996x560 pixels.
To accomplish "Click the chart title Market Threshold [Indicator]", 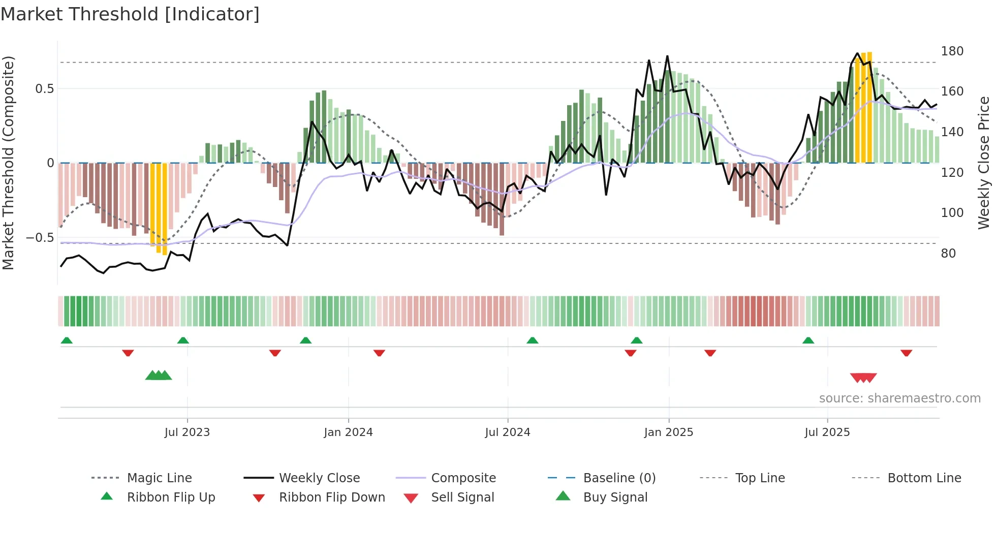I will (130, 14).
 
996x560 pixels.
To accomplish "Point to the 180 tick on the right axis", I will (952, 51).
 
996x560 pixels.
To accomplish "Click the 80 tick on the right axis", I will (948, 253).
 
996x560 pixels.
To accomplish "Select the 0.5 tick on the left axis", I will (45, 89).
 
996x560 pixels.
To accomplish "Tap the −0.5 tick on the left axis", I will (40, 238).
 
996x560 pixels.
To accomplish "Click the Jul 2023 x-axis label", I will (187, 432).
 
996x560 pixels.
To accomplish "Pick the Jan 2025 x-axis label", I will (668, 432).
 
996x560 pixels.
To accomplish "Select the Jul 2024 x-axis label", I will (507, 432).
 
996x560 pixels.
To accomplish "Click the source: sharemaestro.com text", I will (899, 398).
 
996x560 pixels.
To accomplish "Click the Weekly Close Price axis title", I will (984, 163).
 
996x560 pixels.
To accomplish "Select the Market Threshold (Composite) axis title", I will (8, 163).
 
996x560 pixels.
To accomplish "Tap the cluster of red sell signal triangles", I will (863, 378).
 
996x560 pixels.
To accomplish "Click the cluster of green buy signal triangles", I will (159, 376).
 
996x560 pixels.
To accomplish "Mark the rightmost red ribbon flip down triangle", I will (906, 353).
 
